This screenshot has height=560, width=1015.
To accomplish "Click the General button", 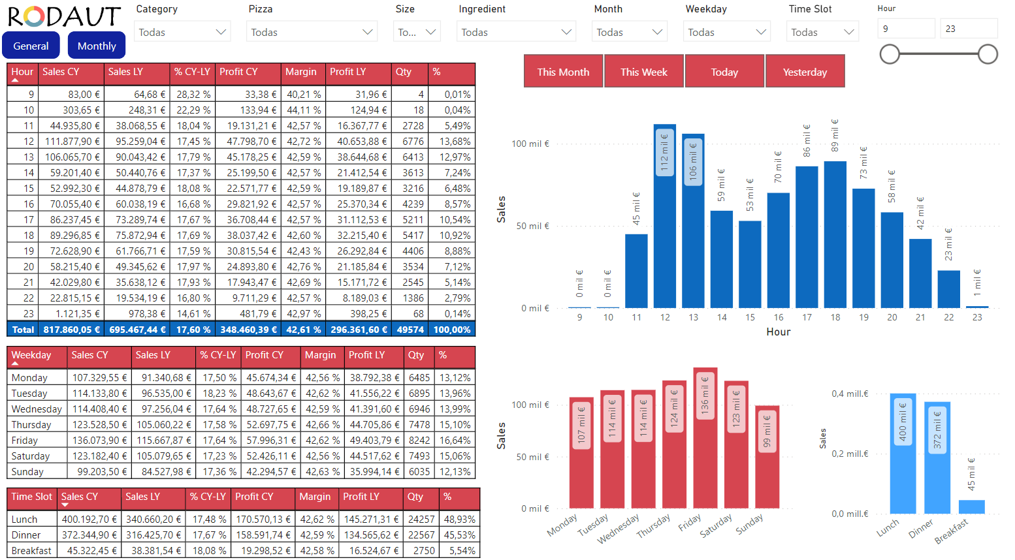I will [x=31, y=46].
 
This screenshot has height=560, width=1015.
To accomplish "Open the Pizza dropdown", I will [x=312, y=32].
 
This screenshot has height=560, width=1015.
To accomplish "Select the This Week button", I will [x=644, y=72].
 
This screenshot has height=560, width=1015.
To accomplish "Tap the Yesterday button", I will [x=805, y=72].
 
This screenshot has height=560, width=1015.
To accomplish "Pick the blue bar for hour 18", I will [x=835, y=235].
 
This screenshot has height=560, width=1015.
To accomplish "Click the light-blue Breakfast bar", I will [x=971, y=507].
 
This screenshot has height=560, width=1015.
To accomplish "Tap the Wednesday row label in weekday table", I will [x=37, y=409].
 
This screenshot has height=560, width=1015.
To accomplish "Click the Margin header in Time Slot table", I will [x=315, y=497].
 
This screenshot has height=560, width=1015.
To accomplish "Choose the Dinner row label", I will [x=26, y=535].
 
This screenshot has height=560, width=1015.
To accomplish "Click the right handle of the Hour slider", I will [x=988, y=54].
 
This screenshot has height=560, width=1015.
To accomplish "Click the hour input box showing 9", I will [x=907, y=29].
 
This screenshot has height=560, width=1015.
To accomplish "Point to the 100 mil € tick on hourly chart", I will [x=530, y=144].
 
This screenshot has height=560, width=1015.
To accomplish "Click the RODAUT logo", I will [x=64, y=16].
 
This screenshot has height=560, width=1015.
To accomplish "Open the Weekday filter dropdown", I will [x=726, y=32].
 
